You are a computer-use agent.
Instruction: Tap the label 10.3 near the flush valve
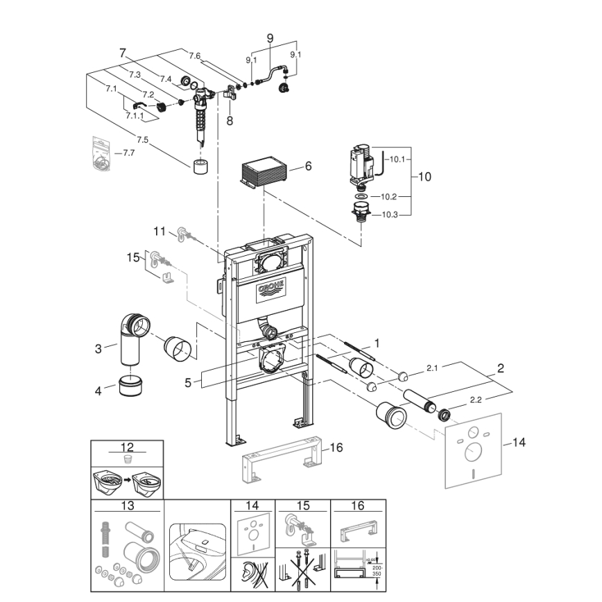pyautogui.click(x=390, y=215)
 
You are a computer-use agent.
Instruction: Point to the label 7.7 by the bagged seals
pyautogui.click(x=127, y=153)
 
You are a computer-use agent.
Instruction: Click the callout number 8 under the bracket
pyautogui.click(x=230, y=121)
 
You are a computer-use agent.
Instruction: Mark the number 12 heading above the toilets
pyautogui.click(x=127, y=448)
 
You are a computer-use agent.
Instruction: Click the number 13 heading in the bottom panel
pyautogui.click(x=127, y=506)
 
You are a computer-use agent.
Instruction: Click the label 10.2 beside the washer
pyautogui.click(x=389, y=196)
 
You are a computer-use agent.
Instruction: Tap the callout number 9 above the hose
pyautogui.click(x=270, y=37)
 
